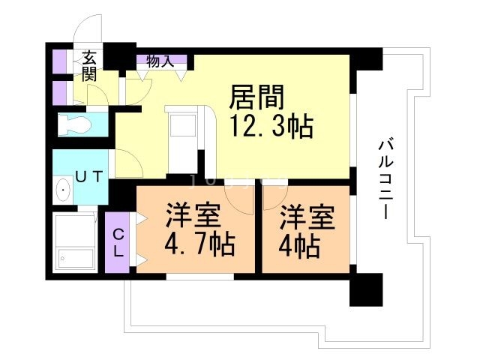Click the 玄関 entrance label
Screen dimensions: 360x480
pyautogui.click(x=89, y=65)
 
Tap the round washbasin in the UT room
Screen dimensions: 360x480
pyautogui.click(x=62, y=193)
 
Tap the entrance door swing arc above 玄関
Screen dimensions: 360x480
pyautogui.click(x=88, y=30)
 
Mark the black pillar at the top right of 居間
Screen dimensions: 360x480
pyautogui.click(x=367, y=58)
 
